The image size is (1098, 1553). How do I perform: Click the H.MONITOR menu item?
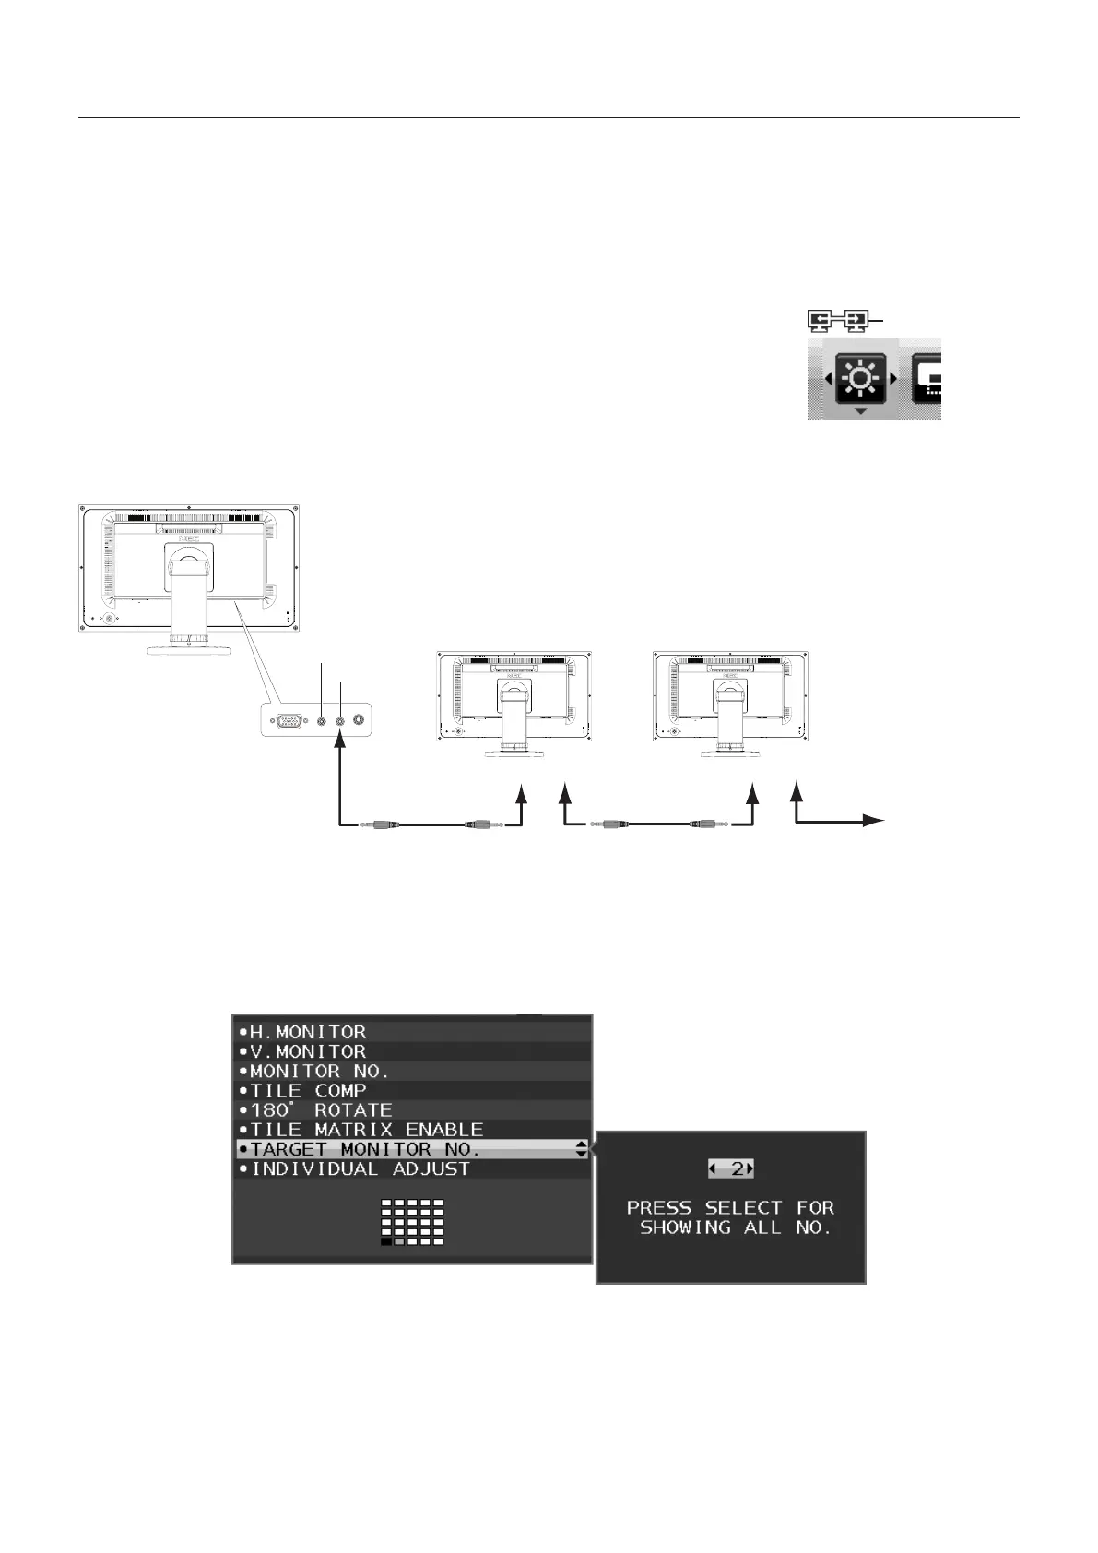click(308, 1032)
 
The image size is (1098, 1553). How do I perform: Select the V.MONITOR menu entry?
click(308, 1051)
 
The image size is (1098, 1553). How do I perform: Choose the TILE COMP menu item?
click(308, 1091)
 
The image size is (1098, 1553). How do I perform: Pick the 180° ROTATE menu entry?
click(321, 1110)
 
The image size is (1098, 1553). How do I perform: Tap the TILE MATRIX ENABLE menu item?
click(367, 1130)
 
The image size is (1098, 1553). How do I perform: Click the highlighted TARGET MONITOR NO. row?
click(365, 1149)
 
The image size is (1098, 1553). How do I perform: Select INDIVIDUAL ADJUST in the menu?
click(360, 1169)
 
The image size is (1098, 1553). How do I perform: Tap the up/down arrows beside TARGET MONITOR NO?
click(581, 1149)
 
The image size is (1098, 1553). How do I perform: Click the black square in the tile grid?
click(386, 1242)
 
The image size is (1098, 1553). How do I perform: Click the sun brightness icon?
click(860, 378)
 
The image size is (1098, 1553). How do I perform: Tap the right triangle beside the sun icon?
click(892, 378)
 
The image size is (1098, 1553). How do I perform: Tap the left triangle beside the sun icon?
click(828, 378)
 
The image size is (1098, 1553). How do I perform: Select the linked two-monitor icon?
click(838, 320)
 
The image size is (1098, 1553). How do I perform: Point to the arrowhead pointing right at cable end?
click(876, 820)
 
